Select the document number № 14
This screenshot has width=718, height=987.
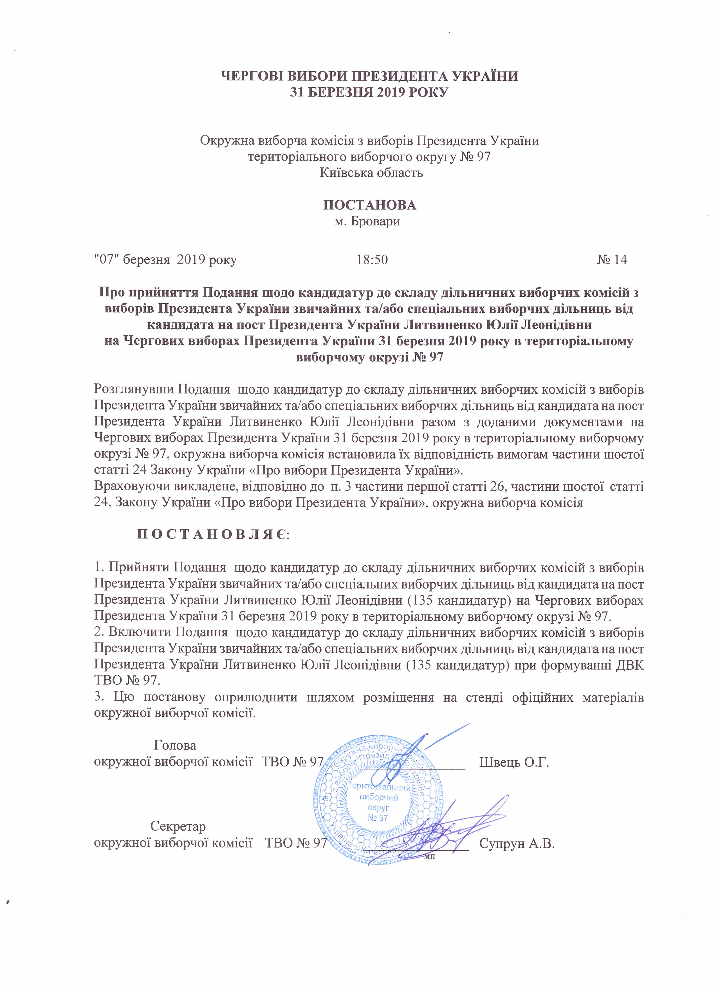click(x=612, y=260)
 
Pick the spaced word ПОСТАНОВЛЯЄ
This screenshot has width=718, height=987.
click(x=213, y=534)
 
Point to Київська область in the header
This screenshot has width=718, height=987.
click(x=371, y=173)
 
